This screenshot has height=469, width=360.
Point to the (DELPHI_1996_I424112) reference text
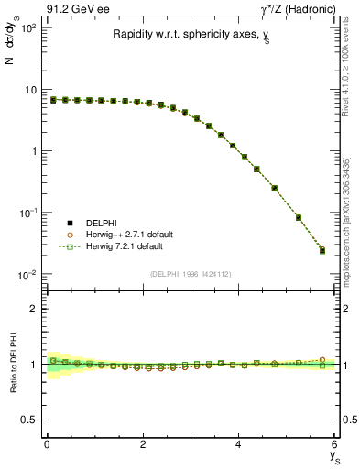190,272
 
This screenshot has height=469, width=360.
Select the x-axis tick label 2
143,444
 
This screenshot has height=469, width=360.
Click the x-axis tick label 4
239,444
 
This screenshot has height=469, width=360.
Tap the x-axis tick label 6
334,444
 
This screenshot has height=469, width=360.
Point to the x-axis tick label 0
47,444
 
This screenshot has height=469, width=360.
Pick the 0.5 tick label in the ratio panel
30,420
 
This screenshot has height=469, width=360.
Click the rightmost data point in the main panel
322,250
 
